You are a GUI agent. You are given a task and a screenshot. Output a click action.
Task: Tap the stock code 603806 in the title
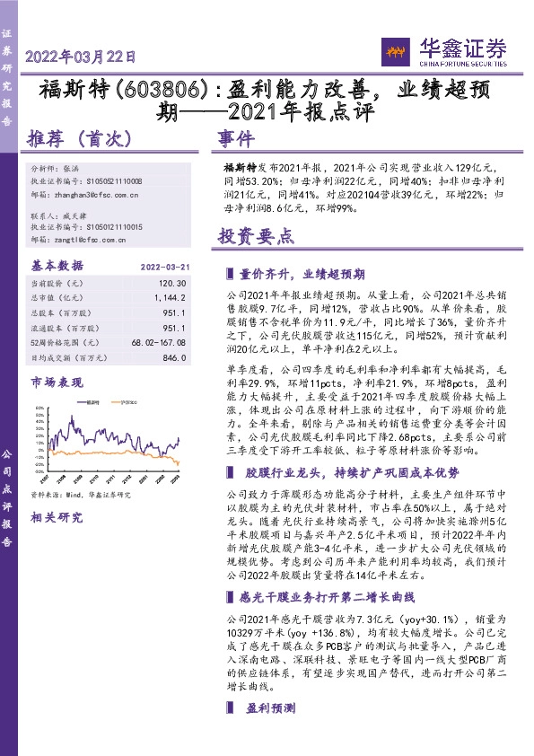click(x=155, y=90)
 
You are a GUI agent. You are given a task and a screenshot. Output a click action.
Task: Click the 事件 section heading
click(x=237, y=140)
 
